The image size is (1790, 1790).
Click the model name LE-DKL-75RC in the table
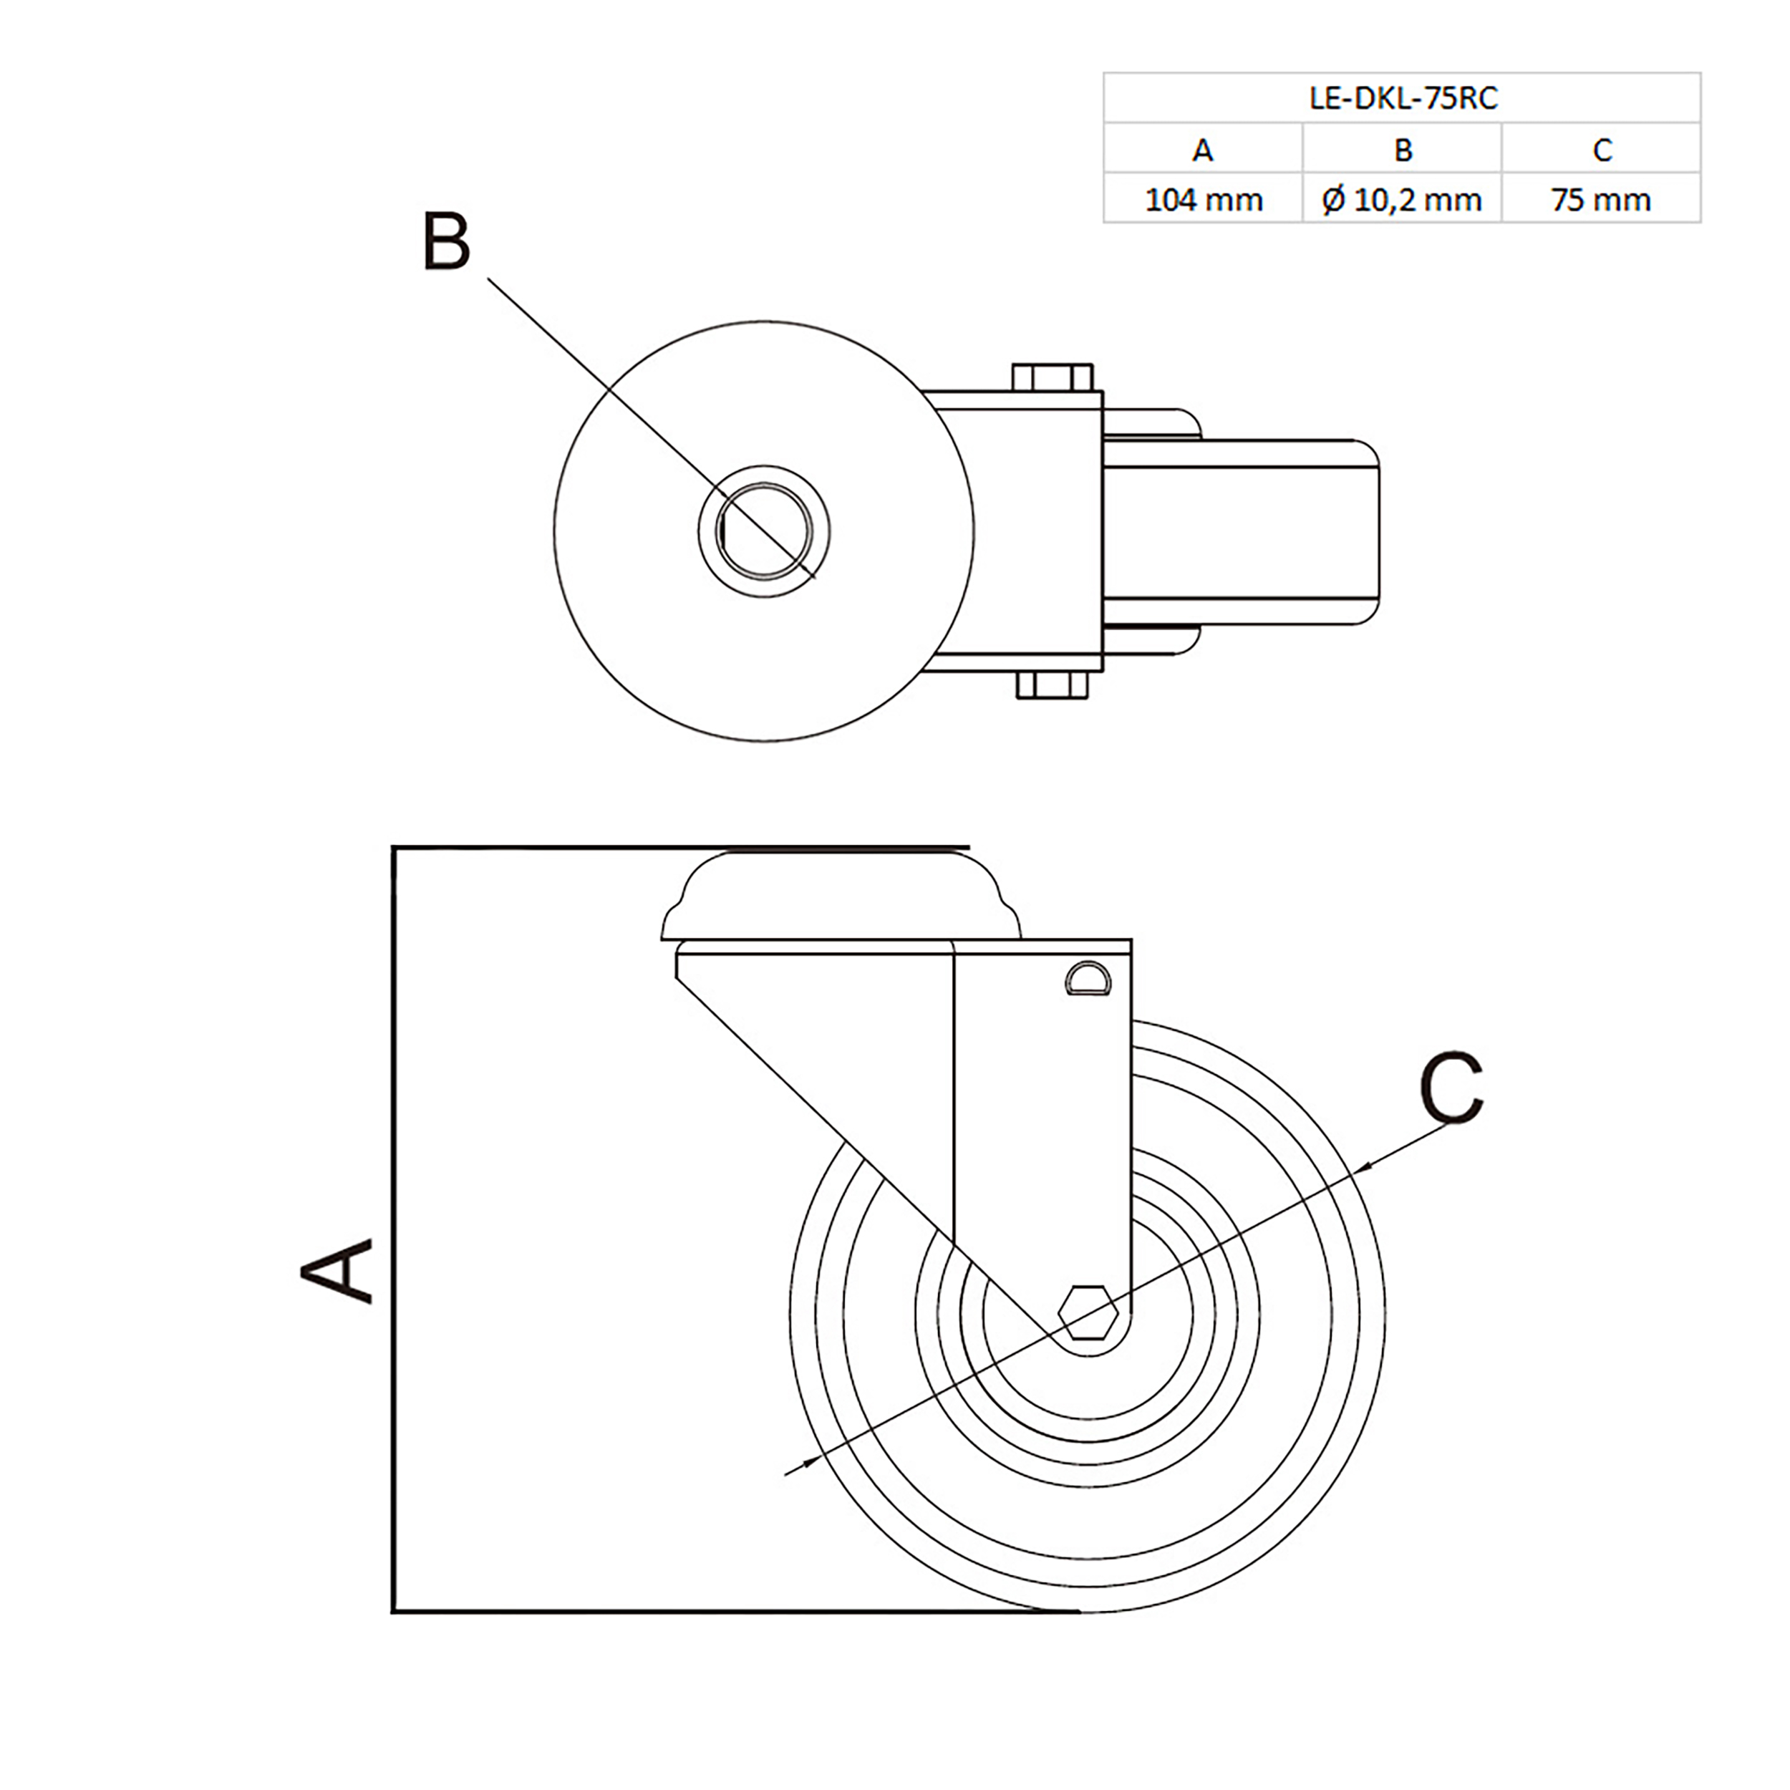1402,98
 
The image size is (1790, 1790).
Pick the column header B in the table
1402,149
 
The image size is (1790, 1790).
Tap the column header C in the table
1601,149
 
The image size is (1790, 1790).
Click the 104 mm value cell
1203,199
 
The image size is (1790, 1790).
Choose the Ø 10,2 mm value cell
1402,199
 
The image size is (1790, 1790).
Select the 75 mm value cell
1601,199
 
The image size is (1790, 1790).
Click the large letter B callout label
447,243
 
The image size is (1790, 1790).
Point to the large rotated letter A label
337,1271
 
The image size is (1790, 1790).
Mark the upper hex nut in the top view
1053,378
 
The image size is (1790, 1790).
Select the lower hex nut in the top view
1053,686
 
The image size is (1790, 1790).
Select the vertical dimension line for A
395,1232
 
